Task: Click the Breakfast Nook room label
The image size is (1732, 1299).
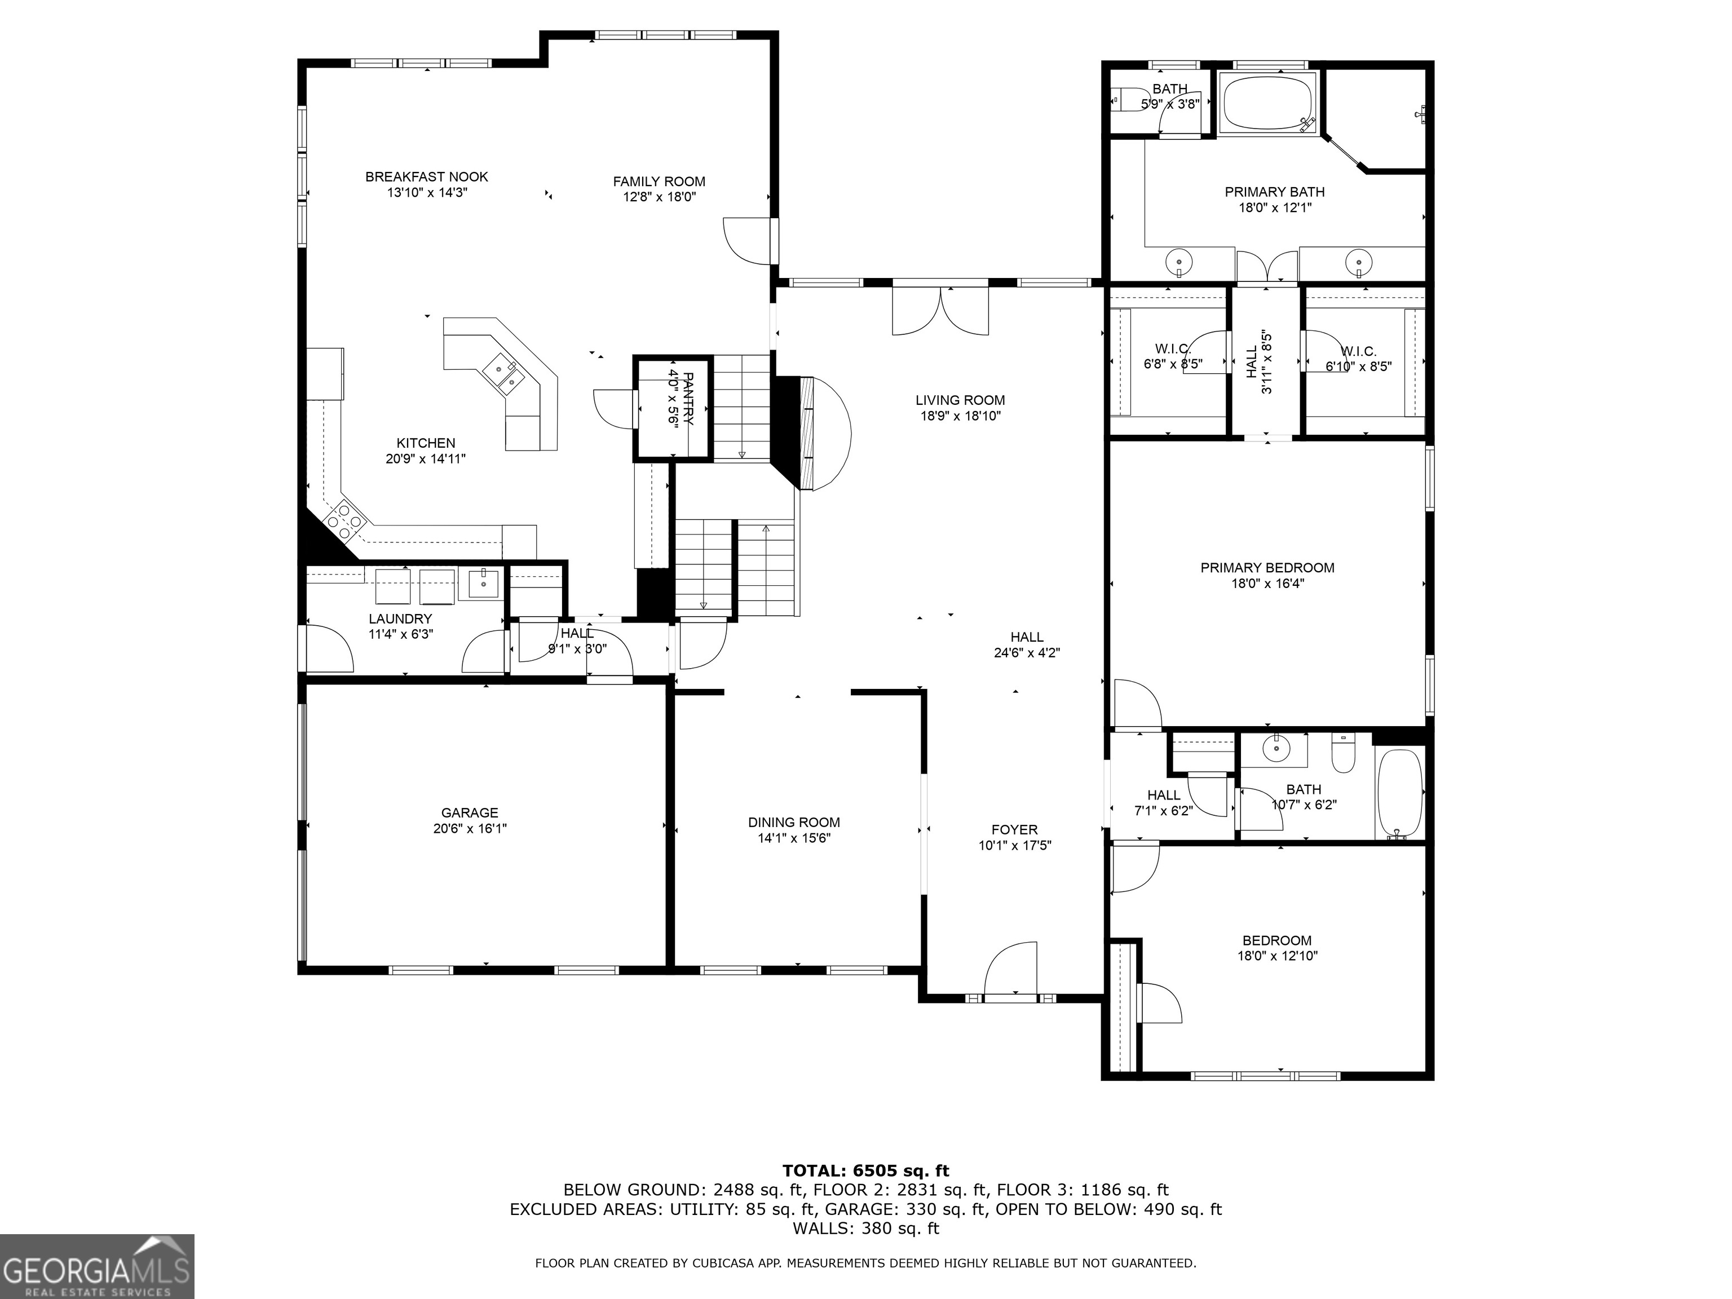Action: pos(427,177)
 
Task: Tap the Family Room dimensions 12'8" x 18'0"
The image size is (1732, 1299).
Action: pos(659,197)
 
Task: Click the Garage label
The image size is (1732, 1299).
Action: pos(470,813)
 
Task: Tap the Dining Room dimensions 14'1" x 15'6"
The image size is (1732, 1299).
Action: pos(794,838)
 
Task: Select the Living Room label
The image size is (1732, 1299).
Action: pos(960,400)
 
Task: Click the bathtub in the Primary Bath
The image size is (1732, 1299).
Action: pos(1269,103)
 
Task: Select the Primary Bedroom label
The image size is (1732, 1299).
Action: pos(1267,568)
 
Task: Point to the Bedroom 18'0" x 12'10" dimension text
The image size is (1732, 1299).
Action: pos(1276,956)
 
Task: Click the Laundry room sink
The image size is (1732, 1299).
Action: pos(483,584)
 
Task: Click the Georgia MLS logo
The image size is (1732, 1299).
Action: pos(97,1266)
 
